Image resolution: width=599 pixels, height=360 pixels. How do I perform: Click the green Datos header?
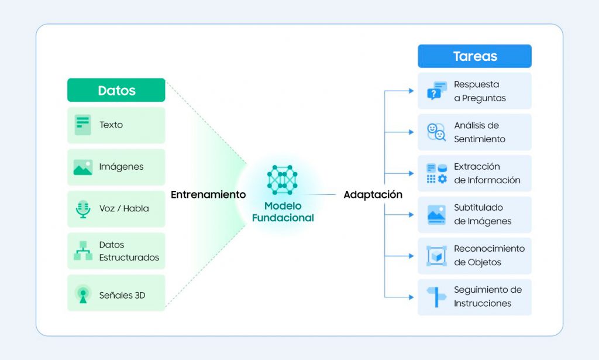click(116, 90)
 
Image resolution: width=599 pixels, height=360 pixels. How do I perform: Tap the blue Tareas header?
click(474, 56)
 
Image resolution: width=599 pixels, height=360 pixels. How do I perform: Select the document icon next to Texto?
click(83, 125)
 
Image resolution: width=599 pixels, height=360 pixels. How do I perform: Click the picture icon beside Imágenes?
click(83, 167)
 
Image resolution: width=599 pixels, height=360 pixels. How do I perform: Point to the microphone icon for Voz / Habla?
click(83, 209)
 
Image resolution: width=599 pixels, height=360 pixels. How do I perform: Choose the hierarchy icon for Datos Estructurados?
click(83, 251)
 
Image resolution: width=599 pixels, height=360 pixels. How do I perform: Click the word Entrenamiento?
click(208, 194)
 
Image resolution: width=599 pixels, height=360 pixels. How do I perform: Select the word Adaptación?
click(373, 194)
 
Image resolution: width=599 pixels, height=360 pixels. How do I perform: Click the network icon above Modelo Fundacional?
click(283, 180)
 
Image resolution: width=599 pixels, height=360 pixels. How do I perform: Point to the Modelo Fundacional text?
click(283, 212)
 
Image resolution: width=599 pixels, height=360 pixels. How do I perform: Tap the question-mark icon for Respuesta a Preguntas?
click(436, 91)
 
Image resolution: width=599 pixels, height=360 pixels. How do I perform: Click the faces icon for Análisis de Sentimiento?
click(436, 132)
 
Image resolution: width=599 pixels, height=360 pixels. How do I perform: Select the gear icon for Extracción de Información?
click(442, 179)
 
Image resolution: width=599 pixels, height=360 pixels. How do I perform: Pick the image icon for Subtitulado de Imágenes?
click(436, 215)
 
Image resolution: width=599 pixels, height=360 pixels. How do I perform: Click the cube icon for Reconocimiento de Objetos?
click(436, 256)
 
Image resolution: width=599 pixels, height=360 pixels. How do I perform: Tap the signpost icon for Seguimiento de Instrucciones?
click(436, 297)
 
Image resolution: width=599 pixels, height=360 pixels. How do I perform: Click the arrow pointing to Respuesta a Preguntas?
click(399, 91)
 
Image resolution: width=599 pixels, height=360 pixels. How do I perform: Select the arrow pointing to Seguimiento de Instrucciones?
click(399, 297)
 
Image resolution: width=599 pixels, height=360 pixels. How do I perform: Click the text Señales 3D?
click(122, 295)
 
